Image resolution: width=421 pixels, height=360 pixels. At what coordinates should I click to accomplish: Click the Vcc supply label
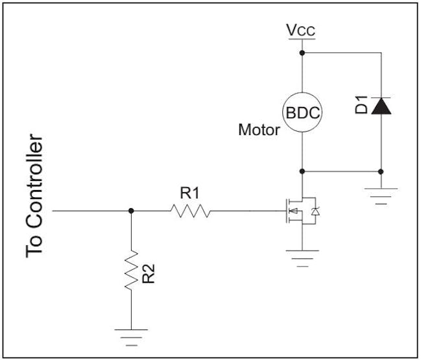coord(301,30)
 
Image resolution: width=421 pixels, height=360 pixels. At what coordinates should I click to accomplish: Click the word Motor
coord(259,130)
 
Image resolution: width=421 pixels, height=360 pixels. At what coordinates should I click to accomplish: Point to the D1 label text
coord(361,104)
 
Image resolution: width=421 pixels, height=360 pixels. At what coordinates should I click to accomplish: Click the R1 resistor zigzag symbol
coord(190,211)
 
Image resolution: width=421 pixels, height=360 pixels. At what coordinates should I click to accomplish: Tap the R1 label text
coord(190,193)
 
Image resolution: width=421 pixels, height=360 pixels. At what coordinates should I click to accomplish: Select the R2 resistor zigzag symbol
coord(131,270)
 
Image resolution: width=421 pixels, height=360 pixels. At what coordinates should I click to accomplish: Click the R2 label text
coord(149,274)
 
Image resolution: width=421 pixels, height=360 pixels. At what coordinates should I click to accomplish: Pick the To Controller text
coord(34,196)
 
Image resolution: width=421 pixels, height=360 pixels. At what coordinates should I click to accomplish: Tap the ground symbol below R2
coord(131,337)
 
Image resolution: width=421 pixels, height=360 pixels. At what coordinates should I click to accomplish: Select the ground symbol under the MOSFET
coord(302,259)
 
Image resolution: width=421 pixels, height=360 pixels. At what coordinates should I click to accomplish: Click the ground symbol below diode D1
coord(381,197)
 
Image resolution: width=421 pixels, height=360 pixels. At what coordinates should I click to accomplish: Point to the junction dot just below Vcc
coord(302,53)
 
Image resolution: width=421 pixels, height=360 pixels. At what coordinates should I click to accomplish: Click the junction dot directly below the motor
coord(302,171)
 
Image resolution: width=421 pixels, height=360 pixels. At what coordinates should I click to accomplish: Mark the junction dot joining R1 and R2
coord(131,211)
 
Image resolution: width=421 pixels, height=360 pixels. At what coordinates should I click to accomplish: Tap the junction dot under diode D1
coord(381,171)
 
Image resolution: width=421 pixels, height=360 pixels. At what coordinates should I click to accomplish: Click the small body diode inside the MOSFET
coord(315,211)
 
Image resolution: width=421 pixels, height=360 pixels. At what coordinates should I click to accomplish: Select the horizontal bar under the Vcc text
coord(302,39)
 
